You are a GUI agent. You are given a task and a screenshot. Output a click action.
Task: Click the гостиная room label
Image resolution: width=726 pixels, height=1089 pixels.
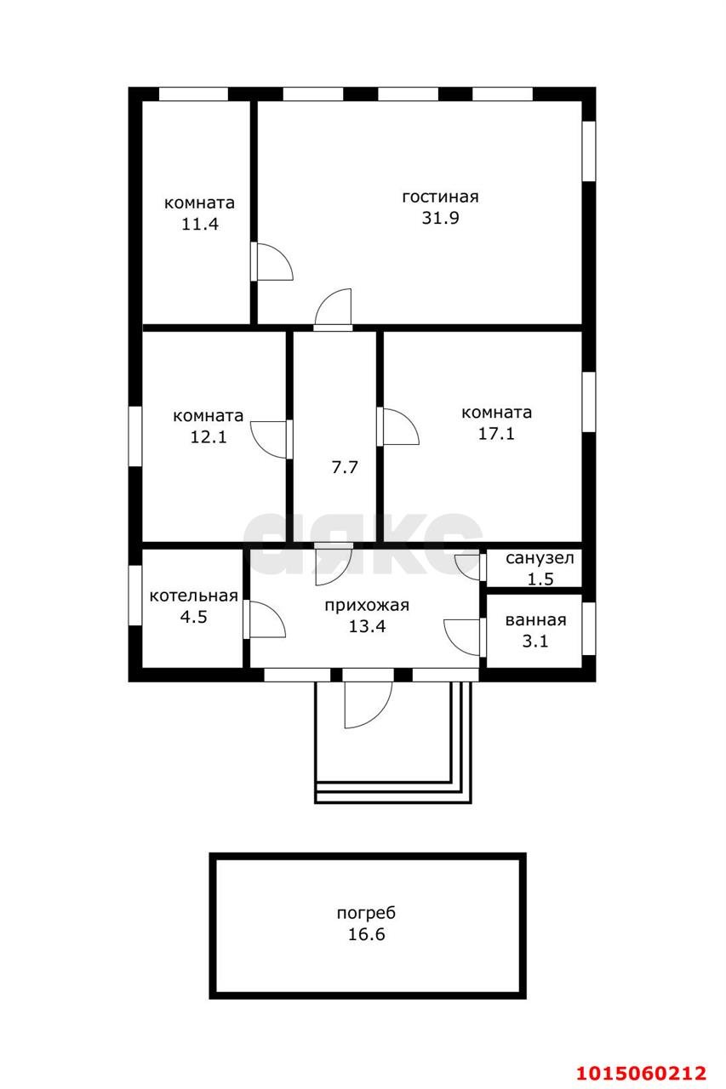(440, 197)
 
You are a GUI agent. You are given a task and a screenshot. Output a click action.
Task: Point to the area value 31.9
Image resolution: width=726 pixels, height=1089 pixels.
(440, 218)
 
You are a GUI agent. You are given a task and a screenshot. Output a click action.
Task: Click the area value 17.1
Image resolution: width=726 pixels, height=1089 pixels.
(496, 434)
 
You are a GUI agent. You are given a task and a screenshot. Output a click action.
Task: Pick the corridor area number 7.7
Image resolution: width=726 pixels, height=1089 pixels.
(344, 466)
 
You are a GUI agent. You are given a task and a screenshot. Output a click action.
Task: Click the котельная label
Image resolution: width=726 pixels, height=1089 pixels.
(193, 596)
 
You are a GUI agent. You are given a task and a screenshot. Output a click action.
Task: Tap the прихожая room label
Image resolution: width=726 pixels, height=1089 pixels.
(367, 606)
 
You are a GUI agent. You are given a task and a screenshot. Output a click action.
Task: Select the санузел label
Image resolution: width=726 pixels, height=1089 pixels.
(540, 559)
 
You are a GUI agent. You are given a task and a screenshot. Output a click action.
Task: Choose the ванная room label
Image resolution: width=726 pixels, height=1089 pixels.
(535, 620)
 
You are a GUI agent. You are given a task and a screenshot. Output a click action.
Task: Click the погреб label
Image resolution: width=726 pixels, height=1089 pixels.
(366, 914)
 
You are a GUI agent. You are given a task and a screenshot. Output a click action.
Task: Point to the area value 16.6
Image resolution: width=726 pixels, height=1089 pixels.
(366, 934)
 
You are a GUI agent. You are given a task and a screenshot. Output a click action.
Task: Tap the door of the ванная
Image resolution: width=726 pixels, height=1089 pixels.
(465, 636)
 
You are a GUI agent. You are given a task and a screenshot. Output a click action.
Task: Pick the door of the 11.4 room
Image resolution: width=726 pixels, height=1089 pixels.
(272, 262)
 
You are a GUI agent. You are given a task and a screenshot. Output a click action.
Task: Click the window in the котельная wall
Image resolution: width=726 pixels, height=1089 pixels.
(134, 596)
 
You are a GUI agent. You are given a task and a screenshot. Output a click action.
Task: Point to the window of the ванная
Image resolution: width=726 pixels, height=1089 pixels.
(588, 628)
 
